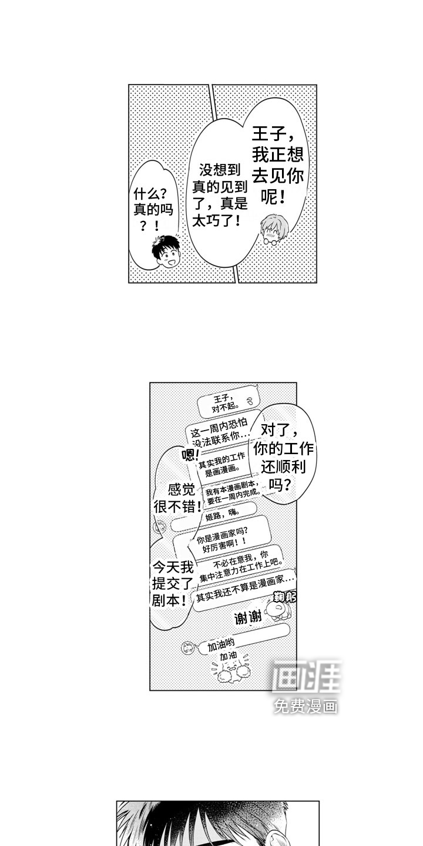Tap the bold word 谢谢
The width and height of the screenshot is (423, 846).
(x=247, y=618)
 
